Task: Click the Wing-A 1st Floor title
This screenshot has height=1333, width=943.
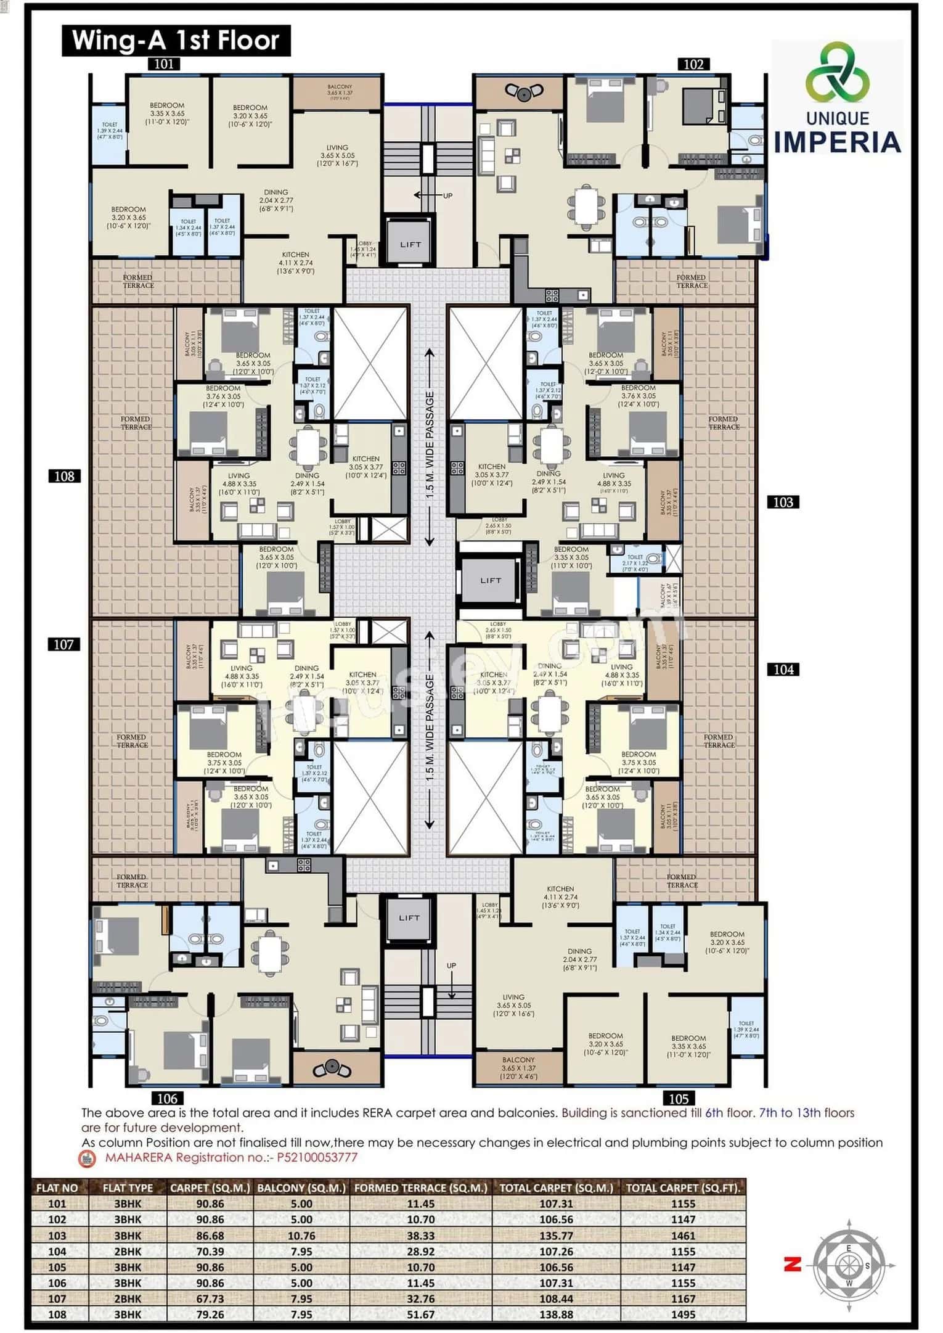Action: tap(176, 41)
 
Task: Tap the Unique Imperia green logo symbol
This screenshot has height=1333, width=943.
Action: tap(837, 72)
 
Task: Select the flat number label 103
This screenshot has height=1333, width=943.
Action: tap(783, 502)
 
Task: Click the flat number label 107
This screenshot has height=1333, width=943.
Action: tap(63, 644)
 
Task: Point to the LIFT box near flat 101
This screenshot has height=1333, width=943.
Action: tap(410, 244)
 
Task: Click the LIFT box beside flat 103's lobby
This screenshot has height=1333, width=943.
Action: tap(491, 580)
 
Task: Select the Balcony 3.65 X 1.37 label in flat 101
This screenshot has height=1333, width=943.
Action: tap(340, 92)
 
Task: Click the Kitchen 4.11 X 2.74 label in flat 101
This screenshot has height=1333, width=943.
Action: tap(296, 262)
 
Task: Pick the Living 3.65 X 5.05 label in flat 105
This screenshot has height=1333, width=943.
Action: tap(513, 1005)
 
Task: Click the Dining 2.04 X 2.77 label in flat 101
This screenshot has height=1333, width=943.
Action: tap(276, 200)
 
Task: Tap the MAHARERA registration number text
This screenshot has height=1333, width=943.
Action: tap(231, 1157)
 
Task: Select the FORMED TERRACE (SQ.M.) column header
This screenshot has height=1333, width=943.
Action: tap(421, 1187)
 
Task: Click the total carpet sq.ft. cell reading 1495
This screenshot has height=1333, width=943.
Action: tap(682, 1314)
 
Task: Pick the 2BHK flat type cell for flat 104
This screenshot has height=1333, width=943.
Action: tap(128, 1251)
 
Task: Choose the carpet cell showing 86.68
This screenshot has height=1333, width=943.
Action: tap(210, 1236)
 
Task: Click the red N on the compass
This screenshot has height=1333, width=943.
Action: tap(792, 1265)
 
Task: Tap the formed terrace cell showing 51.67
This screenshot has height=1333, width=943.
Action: tap(421, 1314)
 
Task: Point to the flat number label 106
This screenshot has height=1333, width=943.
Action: tap(167, 1098)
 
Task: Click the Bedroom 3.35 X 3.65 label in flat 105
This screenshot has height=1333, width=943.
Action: tap(688, 1046)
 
